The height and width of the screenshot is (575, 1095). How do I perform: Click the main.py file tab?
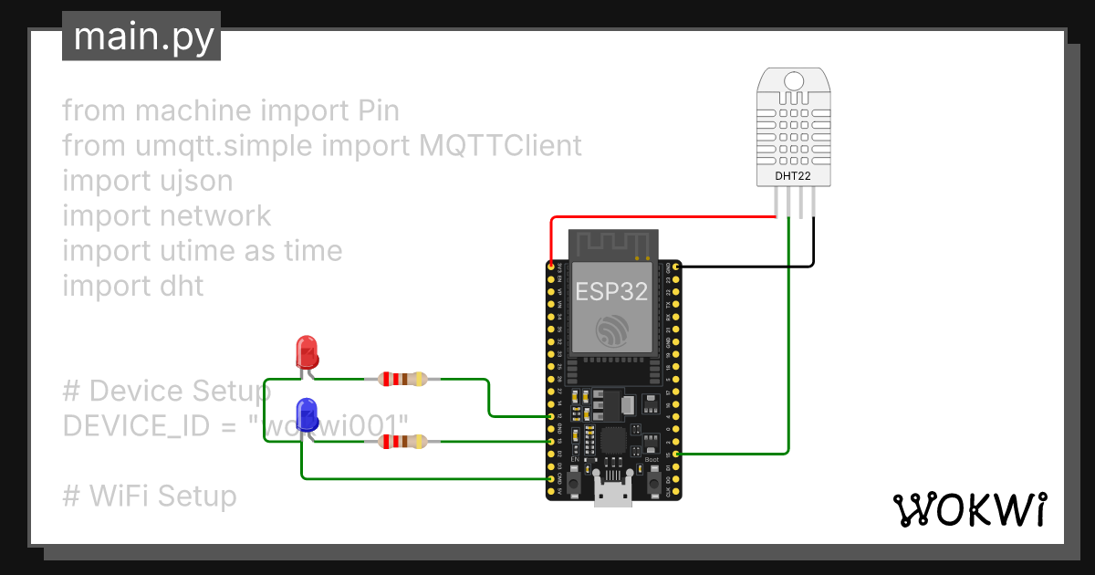click(x=141, y=37)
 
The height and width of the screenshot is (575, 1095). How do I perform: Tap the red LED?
click(x=307, y=351)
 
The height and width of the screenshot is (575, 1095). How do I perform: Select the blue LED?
click(x=308, y=415)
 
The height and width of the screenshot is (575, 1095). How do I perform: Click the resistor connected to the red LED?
click(x=402, y=379)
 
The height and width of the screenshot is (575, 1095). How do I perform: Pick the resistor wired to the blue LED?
click(x=402, y=442)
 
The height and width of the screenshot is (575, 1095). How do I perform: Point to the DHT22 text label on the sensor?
click(x=792, y=174)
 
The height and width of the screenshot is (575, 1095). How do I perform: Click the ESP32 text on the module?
click(x=611, y=292)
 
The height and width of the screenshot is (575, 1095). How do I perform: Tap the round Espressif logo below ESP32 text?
click(x=611, y=330)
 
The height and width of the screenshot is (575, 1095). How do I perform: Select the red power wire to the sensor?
click(x=657, y=217)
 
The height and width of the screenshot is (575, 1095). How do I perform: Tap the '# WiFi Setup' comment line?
click(x=150, y=496)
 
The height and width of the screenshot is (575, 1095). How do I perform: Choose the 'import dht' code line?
click(x=133, y=286)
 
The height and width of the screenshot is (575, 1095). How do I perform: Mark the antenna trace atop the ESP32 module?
click(x=612, y=244)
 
